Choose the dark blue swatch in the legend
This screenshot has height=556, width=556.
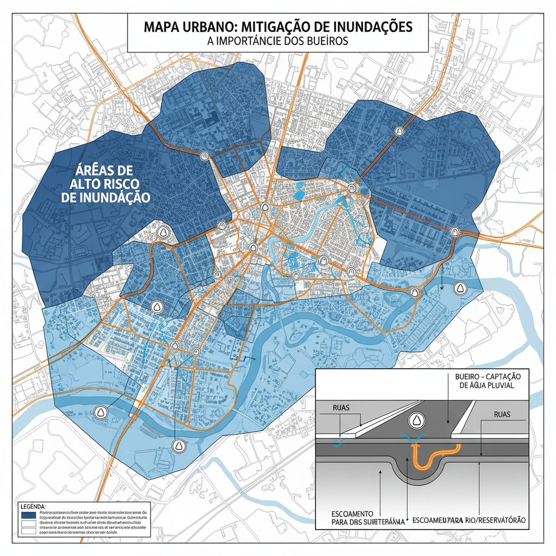27,514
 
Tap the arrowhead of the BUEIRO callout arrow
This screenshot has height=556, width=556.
447,422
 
